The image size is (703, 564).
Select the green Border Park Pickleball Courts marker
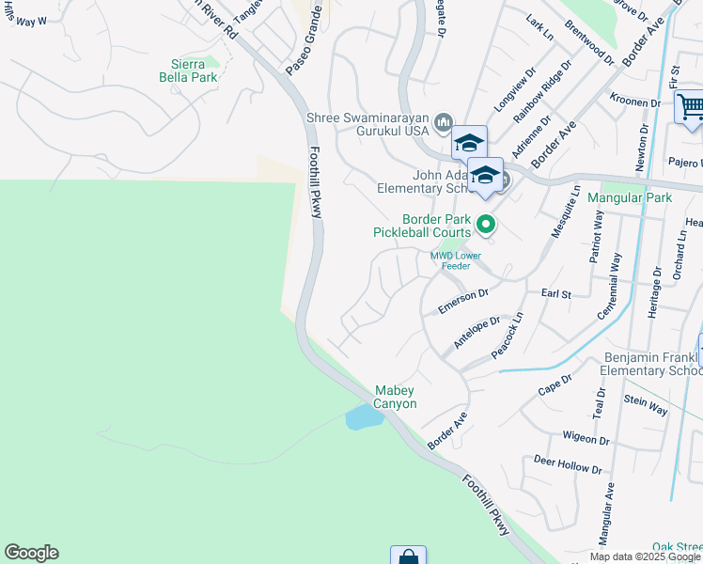(x=486, y=224)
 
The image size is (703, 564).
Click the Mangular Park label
(x=630, y=198)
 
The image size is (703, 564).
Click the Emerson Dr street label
(x=463, y=301)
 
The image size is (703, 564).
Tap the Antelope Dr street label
(x=474, y=333)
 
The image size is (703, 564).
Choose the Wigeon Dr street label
(x=586, y=438)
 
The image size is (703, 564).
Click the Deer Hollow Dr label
(x=567, y=463)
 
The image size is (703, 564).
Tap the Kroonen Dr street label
(x=634, y=102)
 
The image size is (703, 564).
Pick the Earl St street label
(x=556, y=294)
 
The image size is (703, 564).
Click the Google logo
(x=31, y=553)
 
